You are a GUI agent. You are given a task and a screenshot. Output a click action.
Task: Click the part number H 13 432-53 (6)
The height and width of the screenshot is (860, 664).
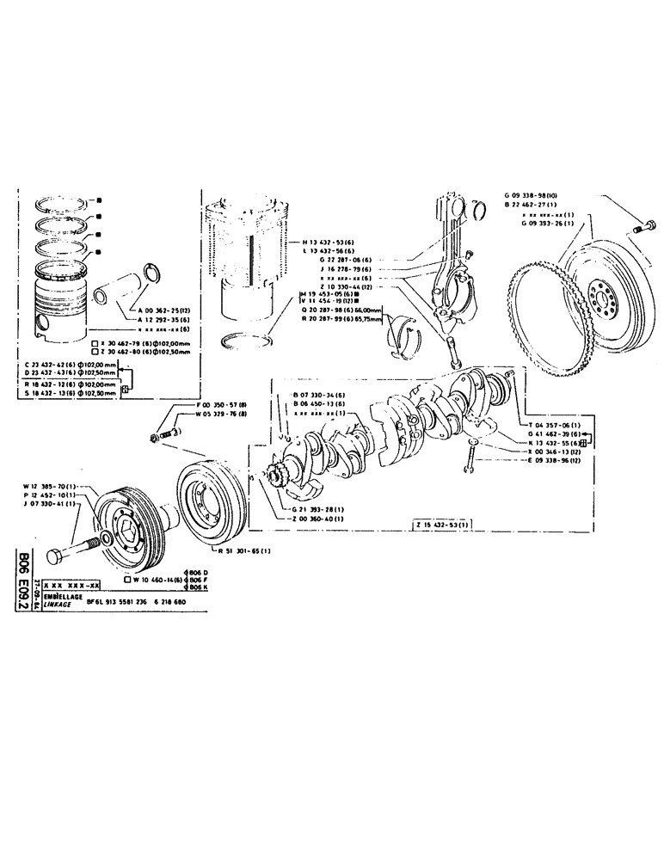point(334,243)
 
